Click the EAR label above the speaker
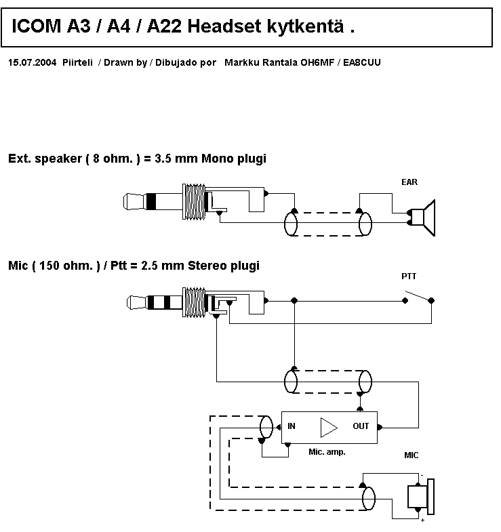tap(409, 182)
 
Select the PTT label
tap(409, 276)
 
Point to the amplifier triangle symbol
tap(329, 426)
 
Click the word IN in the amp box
tap(292, 426)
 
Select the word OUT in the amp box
tap(361, 426)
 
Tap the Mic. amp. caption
tap(327, 451)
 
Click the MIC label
tap(412, 455)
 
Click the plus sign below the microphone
tap(422, 520)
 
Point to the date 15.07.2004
tap(32, 62)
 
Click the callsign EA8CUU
tap(362, 62)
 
